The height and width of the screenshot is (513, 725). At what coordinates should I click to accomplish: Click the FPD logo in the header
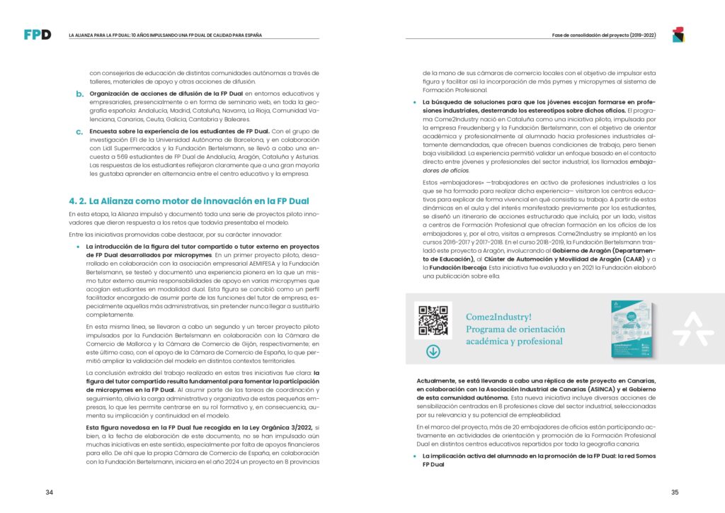point(37,34)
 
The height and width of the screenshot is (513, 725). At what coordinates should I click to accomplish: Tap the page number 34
point(49,492)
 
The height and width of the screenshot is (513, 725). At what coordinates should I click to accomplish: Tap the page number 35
point(675,492)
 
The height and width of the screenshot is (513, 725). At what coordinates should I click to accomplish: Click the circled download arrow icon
point(433,351)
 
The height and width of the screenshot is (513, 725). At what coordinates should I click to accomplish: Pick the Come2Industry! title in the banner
point(498,317)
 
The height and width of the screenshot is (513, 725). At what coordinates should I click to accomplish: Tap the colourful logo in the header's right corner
point(678,34)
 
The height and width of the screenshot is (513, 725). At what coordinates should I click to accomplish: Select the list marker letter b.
point(79,94)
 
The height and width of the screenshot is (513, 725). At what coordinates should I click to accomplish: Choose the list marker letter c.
point(79,132)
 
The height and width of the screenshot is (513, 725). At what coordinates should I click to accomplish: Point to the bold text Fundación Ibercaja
point(455,269)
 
